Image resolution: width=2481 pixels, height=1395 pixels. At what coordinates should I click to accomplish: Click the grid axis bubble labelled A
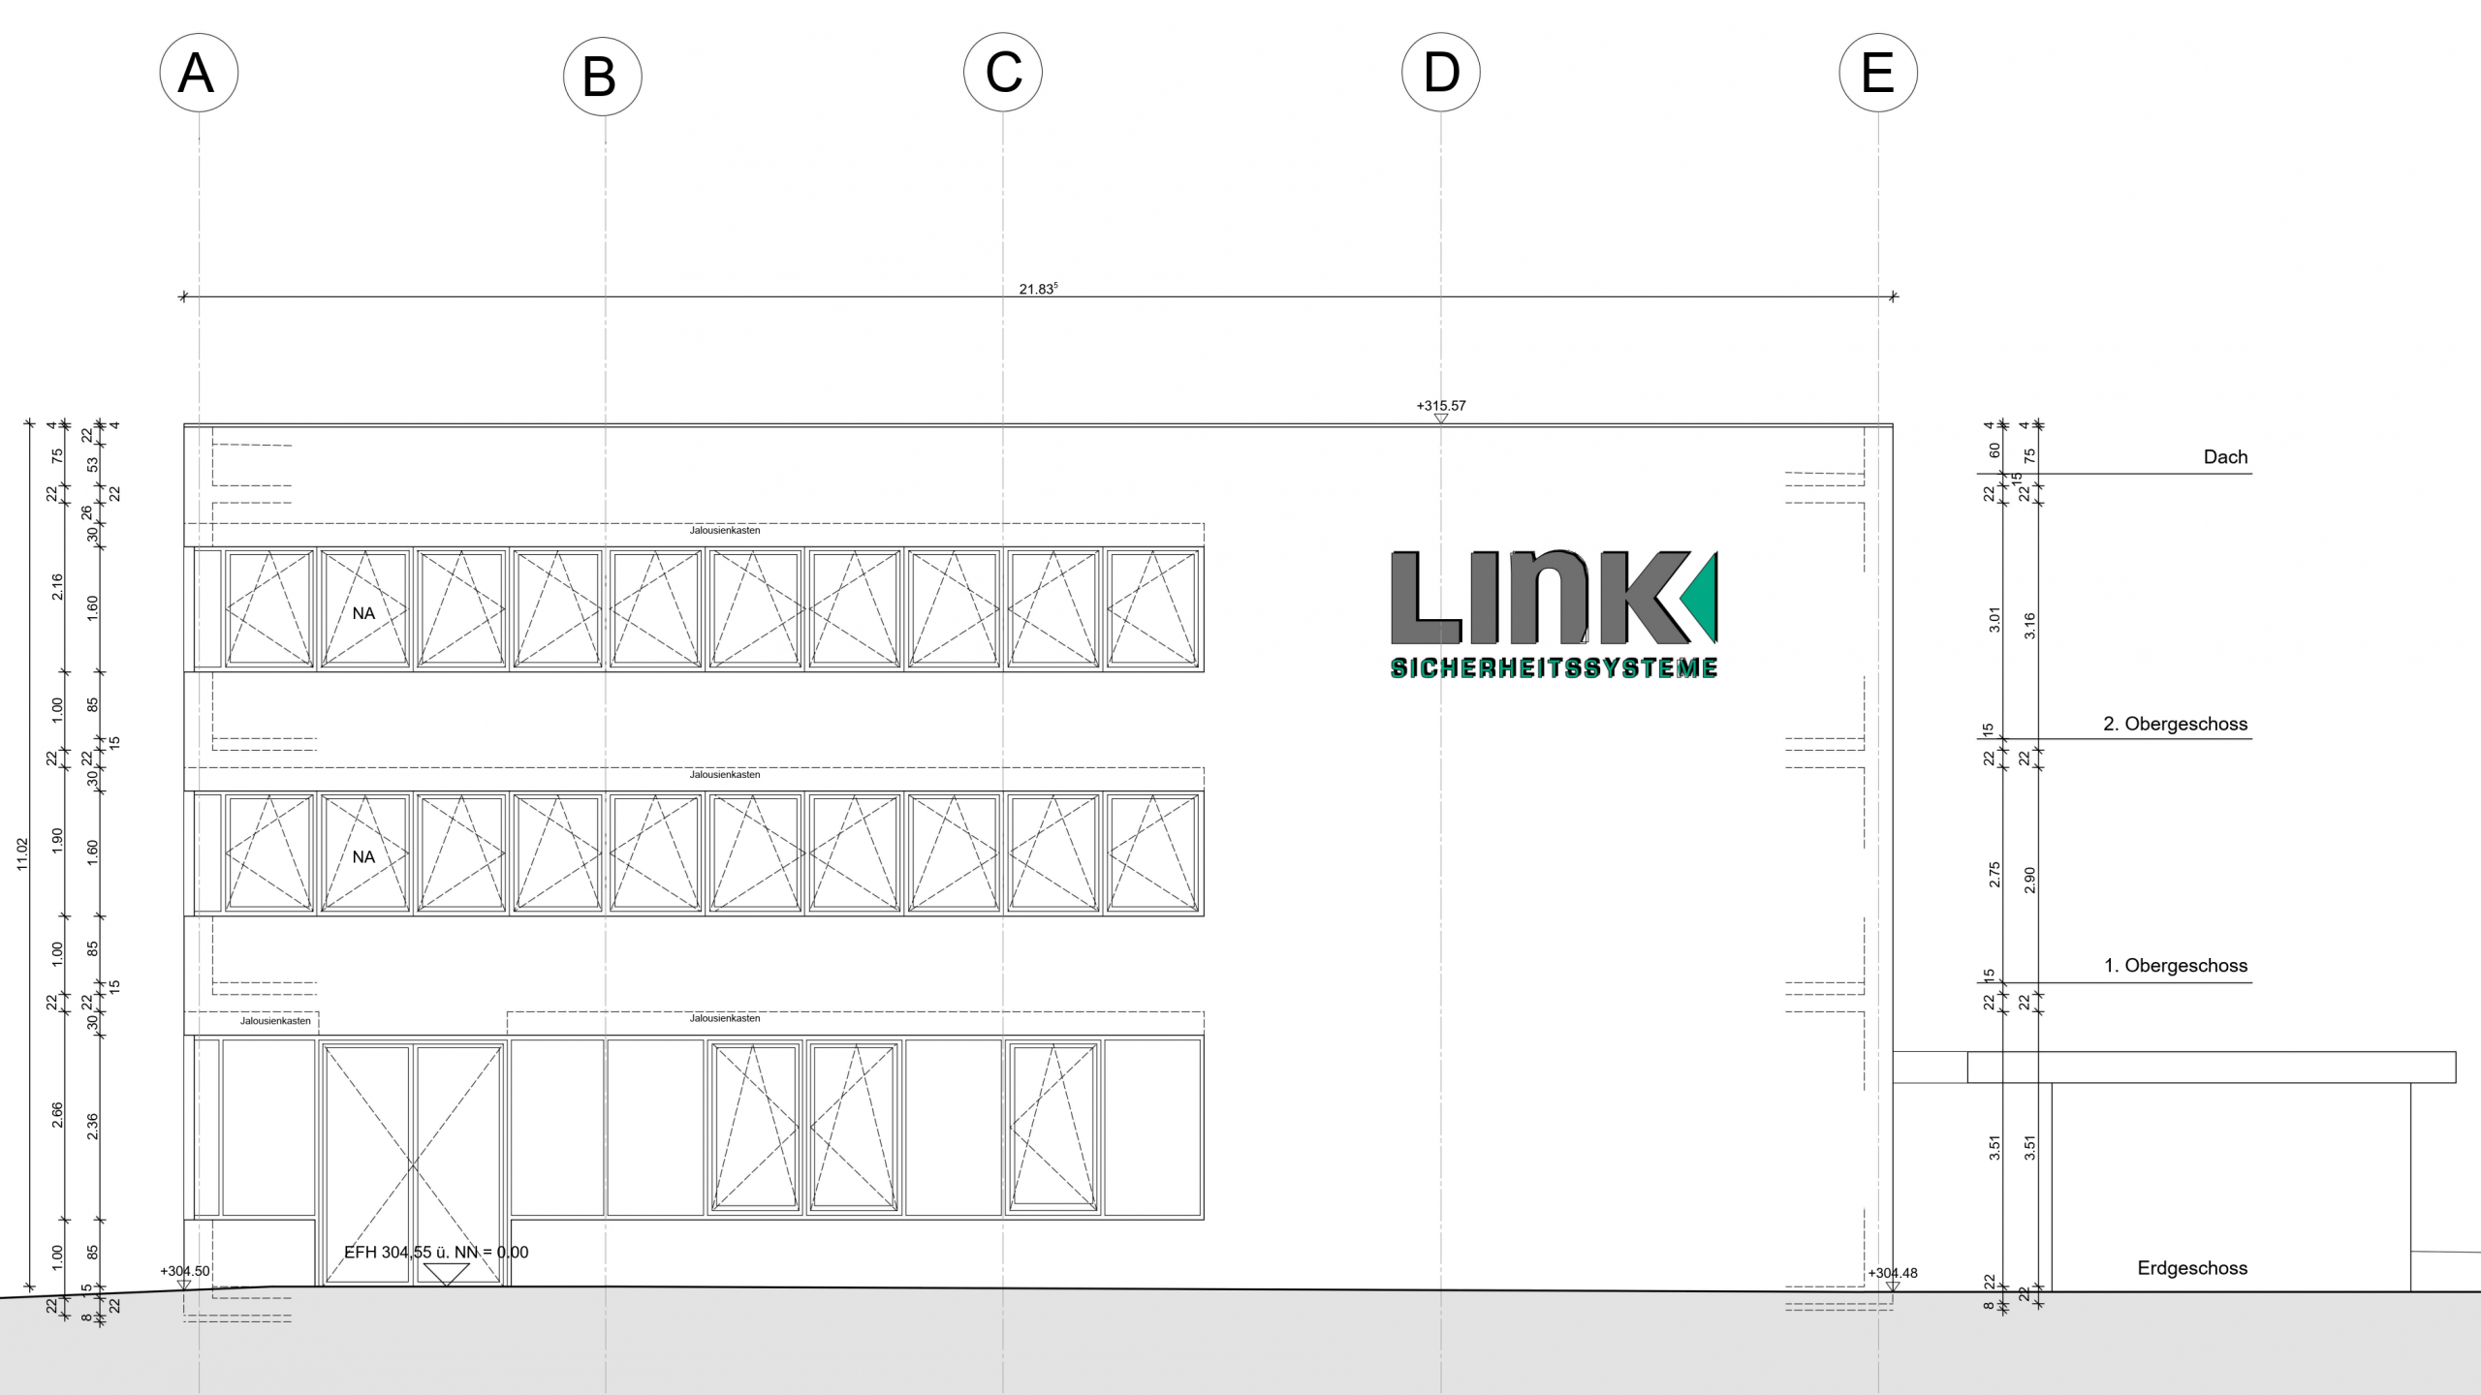[x=199, y=73]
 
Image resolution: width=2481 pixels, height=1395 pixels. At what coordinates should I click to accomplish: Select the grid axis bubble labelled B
[x=603, y=77]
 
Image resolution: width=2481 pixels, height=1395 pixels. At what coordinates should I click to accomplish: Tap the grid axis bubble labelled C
[x=1003, y=73]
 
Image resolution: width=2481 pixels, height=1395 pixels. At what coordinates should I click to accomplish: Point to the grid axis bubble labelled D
[x=1441, y=73]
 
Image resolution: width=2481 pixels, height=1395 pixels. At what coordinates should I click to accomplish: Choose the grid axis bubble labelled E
[x=1878, y=73]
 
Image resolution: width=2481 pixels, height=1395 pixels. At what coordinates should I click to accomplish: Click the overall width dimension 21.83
[x=1038, y=289]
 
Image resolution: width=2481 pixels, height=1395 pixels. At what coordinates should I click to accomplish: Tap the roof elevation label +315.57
[x=1441, y=406]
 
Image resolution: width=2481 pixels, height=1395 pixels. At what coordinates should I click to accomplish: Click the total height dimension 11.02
[x=23, y=854]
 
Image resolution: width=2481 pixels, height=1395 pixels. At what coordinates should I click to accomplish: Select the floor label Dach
[x=2225, y=457]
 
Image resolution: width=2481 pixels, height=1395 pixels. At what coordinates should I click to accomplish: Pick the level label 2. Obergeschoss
[x=2175, y=724]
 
